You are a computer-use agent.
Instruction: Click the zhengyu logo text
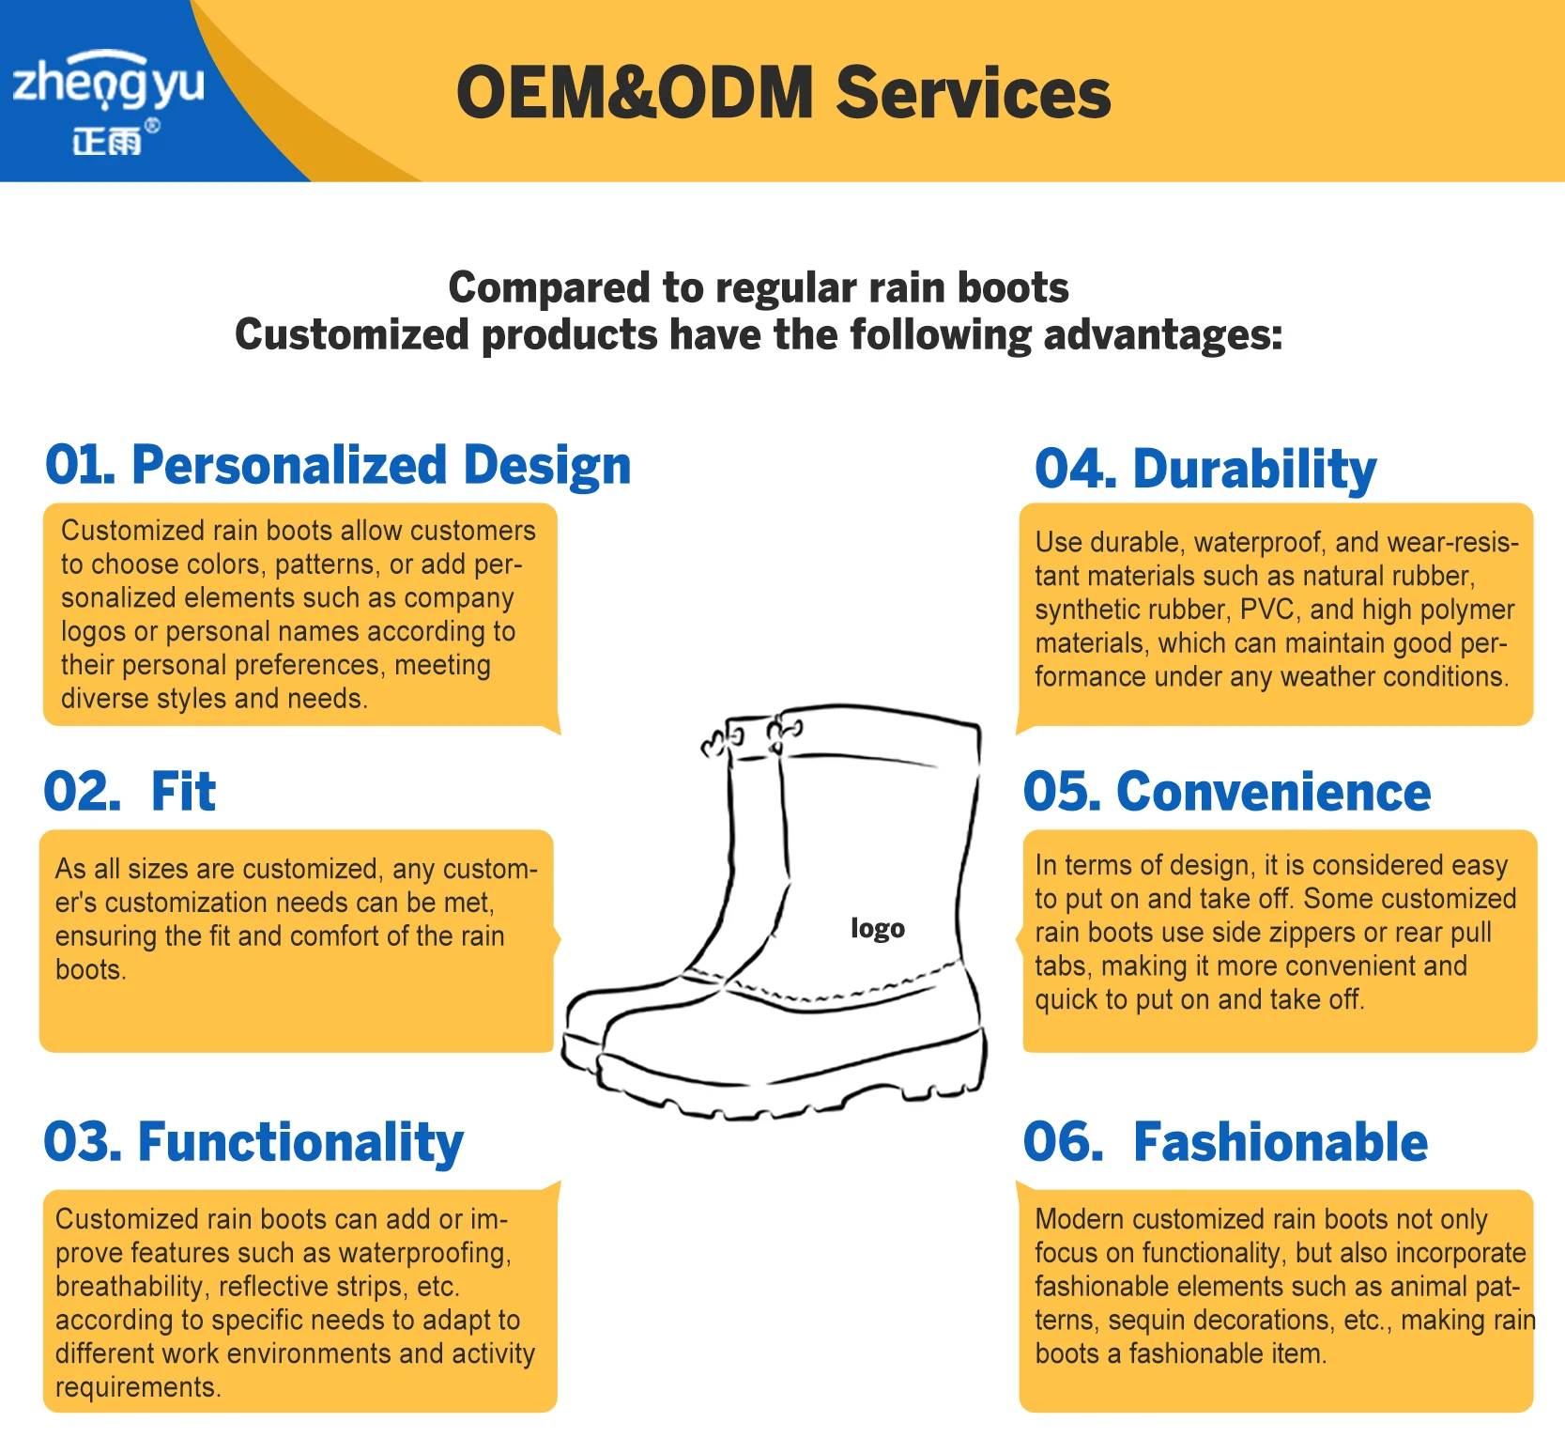pos(108,83)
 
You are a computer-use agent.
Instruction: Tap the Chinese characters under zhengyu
pos(107,142)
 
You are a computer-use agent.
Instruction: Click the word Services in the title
pos(974,93)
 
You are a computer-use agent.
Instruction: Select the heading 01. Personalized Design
pos(338,466)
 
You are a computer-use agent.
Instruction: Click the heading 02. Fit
pos(130,792)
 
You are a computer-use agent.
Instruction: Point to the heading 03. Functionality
pos(253,1143)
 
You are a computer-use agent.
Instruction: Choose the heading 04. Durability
pos(1205,470)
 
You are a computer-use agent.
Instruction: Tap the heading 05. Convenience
pos(1227,792)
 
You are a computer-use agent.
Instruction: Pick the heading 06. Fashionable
pos(1225,1142)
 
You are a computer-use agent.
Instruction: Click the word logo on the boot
pos(878,929)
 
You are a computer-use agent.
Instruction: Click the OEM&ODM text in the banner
pos(635,93)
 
